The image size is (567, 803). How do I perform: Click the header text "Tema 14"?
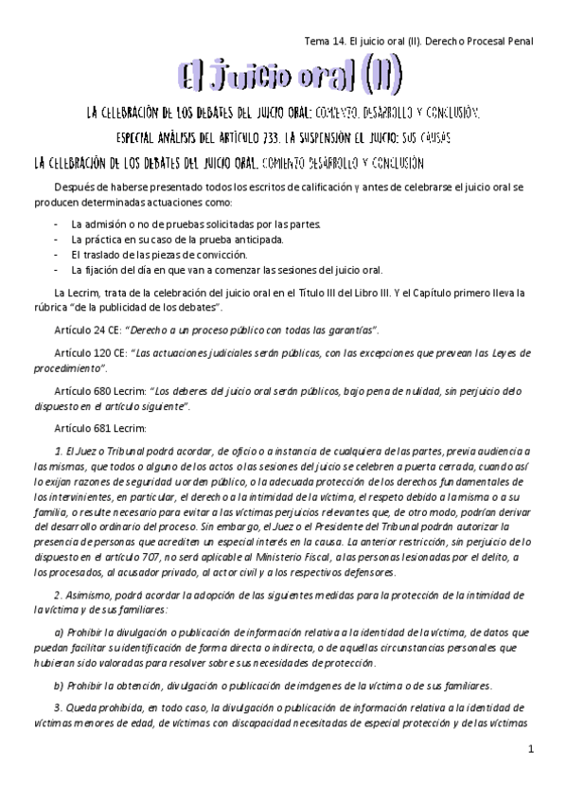324,41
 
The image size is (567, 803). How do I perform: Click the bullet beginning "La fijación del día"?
226,271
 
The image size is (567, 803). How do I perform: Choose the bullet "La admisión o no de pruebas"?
195,224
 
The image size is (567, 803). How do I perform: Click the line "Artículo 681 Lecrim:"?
105,427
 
